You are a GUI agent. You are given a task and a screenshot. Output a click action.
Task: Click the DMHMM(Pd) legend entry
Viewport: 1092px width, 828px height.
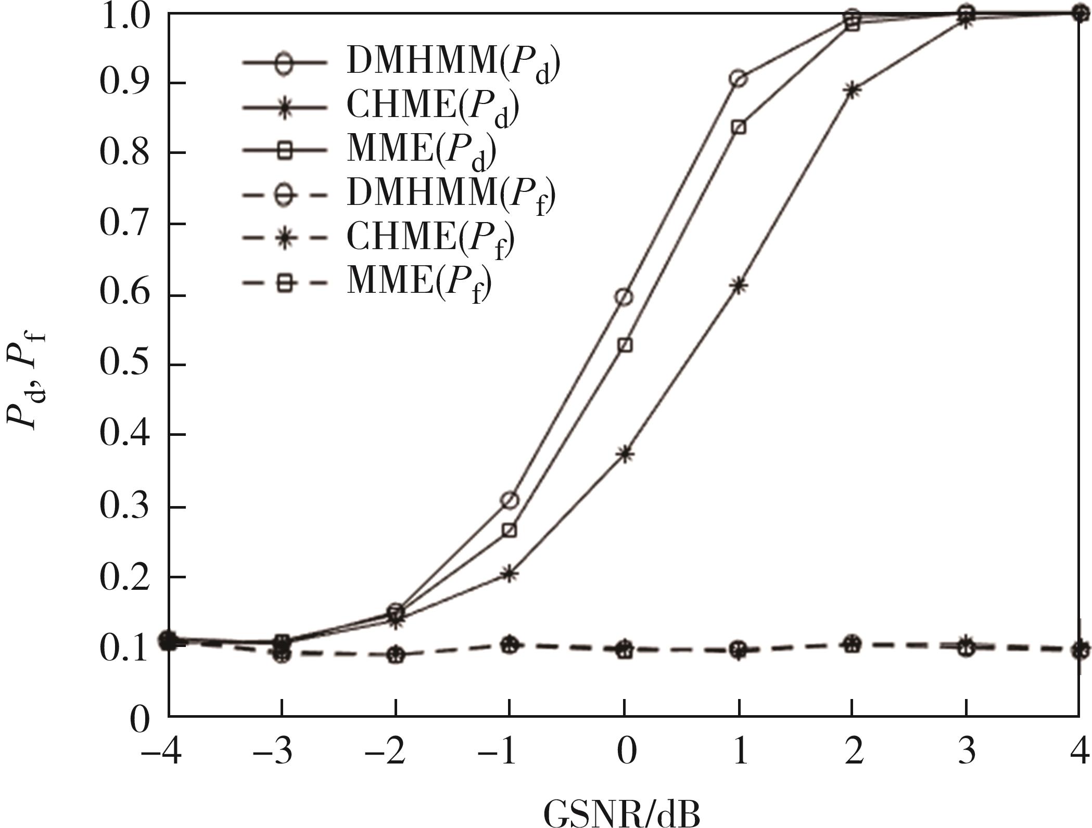coord(401,63)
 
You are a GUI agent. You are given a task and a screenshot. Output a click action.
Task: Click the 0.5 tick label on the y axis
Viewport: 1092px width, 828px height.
coord(124,364)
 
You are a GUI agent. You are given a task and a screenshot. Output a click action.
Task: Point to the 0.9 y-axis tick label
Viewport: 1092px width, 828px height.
coord(124,83)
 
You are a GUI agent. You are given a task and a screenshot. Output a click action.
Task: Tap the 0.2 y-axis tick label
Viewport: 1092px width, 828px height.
coord(124,577)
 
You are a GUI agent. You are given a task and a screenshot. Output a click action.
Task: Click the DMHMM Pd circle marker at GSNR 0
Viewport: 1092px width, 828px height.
coord(625,297)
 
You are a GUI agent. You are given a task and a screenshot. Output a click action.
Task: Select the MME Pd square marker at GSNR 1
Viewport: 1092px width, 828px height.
coord(739,127)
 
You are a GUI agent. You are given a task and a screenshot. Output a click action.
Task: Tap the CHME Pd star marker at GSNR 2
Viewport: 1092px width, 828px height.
coord(852,90)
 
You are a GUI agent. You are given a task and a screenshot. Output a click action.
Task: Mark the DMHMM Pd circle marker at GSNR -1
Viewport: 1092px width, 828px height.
coord(510,500)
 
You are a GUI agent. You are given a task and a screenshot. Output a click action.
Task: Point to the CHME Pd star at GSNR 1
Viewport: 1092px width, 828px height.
coord(739,285)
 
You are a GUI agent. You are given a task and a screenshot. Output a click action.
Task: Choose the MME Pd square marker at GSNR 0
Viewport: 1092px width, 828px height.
coord(625,345)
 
